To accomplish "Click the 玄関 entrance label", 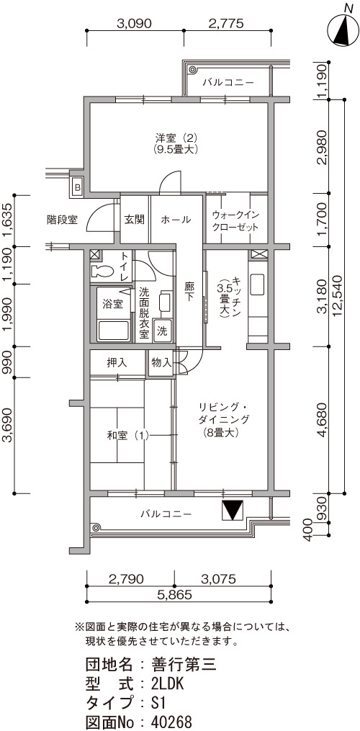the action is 135,220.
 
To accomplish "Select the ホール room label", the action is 176,220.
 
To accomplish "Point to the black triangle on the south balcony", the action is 232,511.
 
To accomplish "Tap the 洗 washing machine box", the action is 161,331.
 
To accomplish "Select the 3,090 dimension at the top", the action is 135,24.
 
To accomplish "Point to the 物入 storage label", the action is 161,363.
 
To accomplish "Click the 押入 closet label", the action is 117,363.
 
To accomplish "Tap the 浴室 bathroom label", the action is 112,304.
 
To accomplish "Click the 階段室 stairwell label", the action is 62,218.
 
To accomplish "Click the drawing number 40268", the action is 172,722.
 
